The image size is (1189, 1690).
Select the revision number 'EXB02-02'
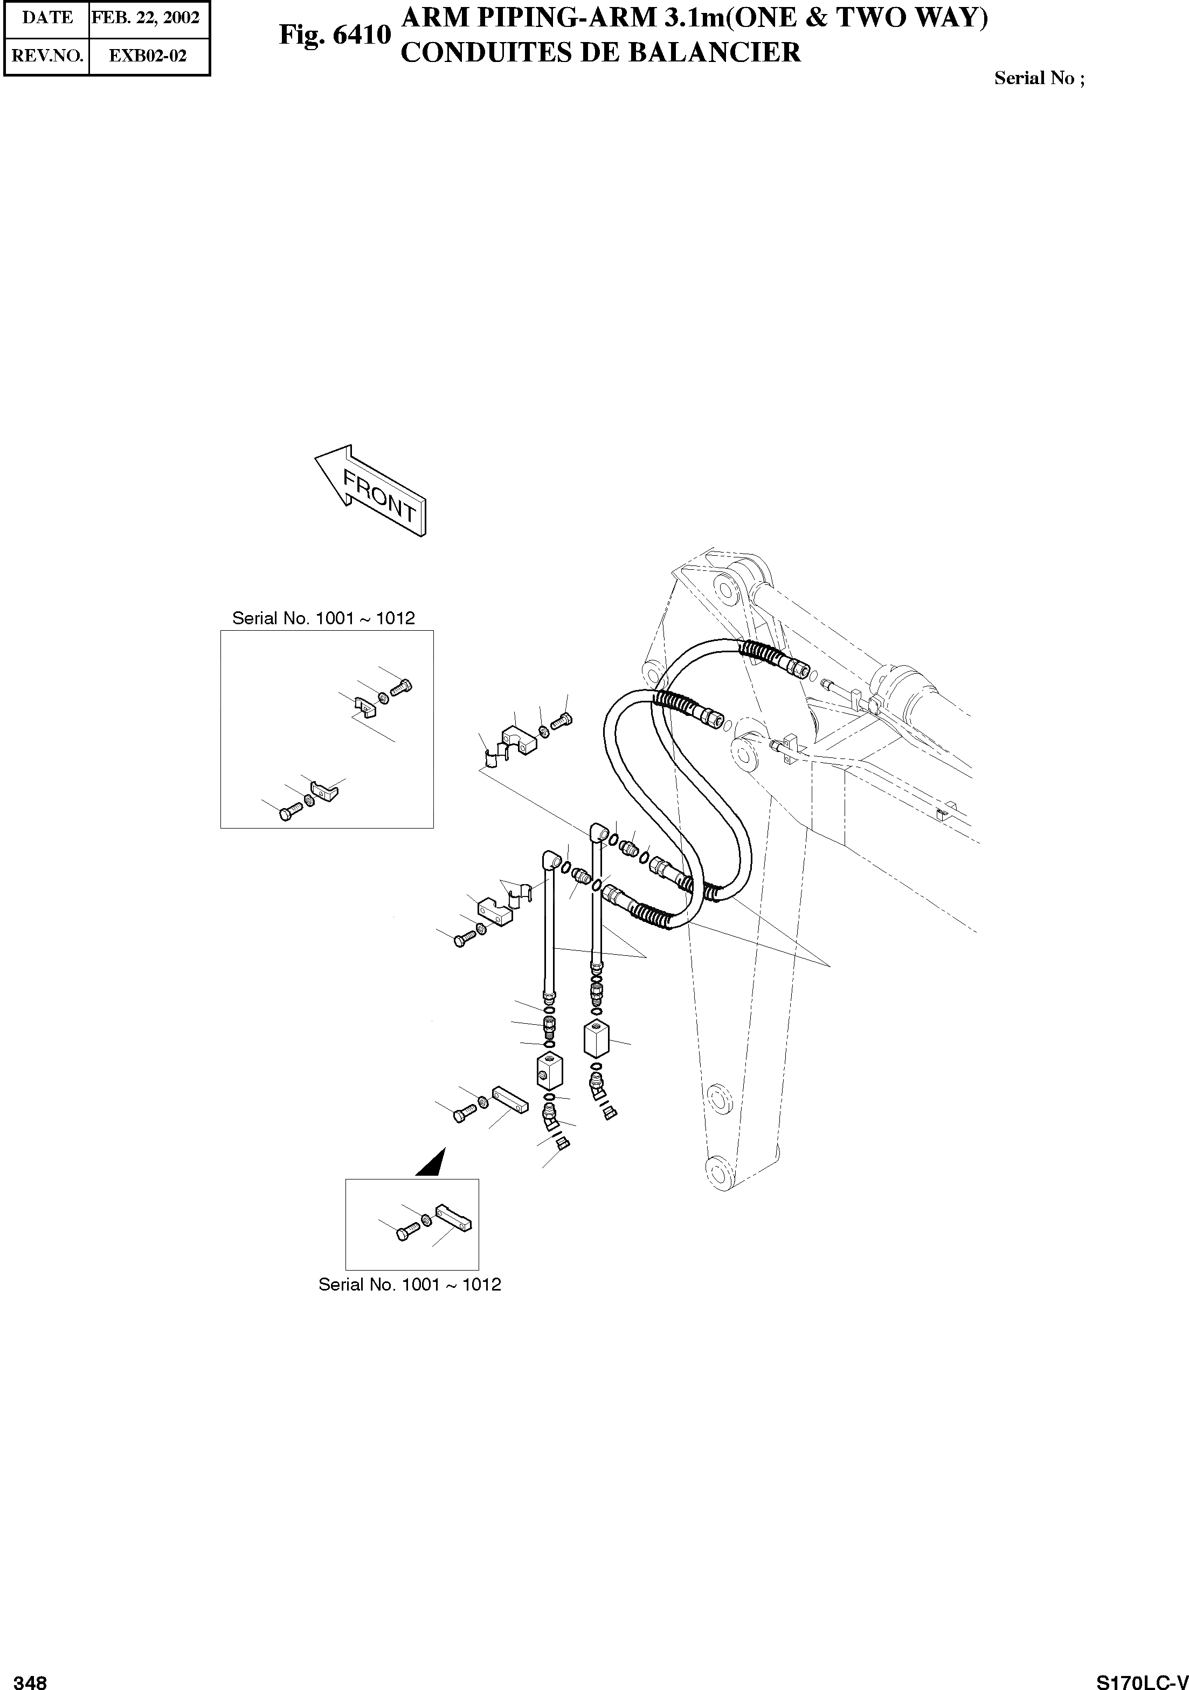(x=148, y=56)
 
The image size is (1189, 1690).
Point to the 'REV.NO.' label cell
(x=47, y=56)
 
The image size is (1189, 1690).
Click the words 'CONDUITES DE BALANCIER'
(x=600, y=53)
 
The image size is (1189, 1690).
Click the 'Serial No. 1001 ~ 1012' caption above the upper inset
(x=324, y=618)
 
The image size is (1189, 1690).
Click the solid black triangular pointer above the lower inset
(x=433, y=1162)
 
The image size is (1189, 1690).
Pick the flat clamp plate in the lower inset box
(x=454, y=1218)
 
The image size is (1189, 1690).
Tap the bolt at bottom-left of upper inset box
(x=289, y=812)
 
